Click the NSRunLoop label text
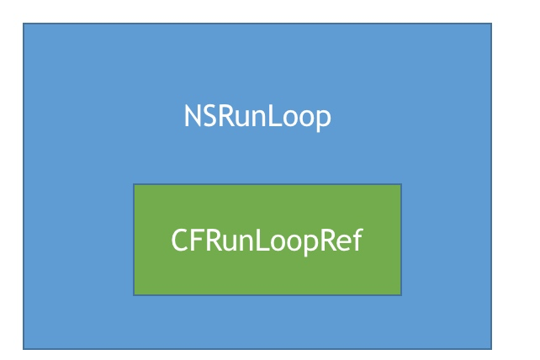pyautogui.click(x=257, y=117)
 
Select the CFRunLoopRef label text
pyautogui.click(x=267, y=241)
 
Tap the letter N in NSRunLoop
pyautogui.click(x=192, y=116)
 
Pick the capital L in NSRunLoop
pyautogui.click(x=273, y=116)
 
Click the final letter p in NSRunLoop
pyautogui.click(x=323, y=120)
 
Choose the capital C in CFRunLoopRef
pyautogui.click(x=179, y=240)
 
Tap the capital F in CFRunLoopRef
pyautogui.click(x=198, y=240)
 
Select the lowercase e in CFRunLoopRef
pyautogui.click(x=345, y=243)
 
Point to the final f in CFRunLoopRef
pyautogui.click(x=358, y=240)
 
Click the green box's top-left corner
pyautogui.click(x=134, y=184)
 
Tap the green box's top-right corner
pyautogui.click(x=401, y=184)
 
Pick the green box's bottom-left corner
pyautogui.click(x=134, y=295)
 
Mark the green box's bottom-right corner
pyautogui.click(x=401, y=295)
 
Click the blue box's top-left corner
pyautogui.click(x=23, y=24)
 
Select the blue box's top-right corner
pyautogui.click(x=491, y=24)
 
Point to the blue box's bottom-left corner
pyautogui.click(x=23, y=349)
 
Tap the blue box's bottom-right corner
pyautogui.click(x=491, y=349)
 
